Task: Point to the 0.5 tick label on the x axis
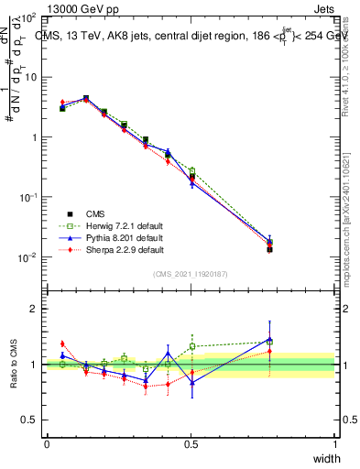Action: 191,443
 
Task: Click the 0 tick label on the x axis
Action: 47,443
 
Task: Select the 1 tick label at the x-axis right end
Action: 335,443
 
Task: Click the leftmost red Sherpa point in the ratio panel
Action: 62,344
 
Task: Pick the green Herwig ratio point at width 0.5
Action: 192,346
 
